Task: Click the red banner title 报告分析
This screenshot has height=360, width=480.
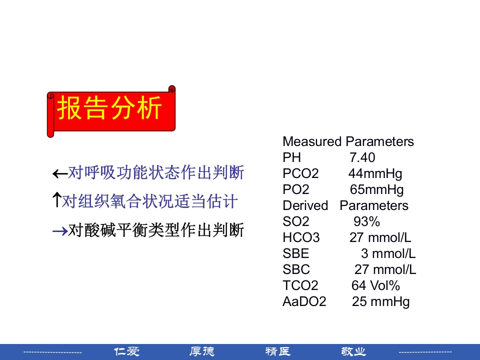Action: [x=110, y=108]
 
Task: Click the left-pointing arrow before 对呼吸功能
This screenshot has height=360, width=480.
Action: [x=60, y=174]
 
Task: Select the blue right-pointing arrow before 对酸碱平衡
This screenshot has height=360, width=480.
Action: [x=60, y=231]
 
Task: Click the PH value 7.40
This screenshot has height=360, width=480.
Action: [x=362, y=157]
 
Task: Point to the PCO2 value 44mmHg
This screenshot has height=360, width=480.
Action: [x=375, y=173]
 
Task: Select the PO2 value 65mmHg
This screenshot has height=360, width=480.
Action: [x=376, y=189]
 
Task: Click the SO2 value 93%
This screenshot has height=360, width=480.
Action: [x=366, y=221]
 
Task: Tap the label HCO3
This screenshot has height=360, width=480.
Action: [x=301, y=237]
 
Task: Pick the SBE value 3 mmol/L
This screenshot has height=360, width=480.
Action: [x=388, y=253]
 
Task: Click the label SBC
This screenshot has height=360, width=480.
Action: [x=296, y=269]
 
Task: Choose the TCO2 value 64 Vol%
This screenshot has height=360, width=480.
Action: [x=375, y=285]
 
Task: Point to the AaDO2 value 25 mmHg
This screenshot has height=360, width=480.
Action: [x=380, y=301]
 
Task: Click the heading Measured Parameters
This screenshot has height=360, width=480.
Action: [x=348, y=141]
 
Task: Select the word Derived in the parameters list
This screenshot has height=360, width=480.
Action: [x=305, y=205]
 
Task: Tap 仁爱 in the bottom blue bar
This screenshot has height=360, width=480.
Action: [x=127, y=352]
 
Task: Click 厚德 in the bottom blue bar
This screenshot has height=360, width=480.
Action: [x=202, y=352]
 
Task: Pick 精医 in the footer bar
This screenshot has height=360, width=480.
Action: [x=278, y=352]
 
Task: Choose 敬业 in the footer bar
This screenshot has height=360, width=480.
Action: [x=353, y=352]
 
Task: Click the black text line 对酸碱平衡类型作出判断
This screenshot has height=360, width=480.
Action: [x=155, y=230]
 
